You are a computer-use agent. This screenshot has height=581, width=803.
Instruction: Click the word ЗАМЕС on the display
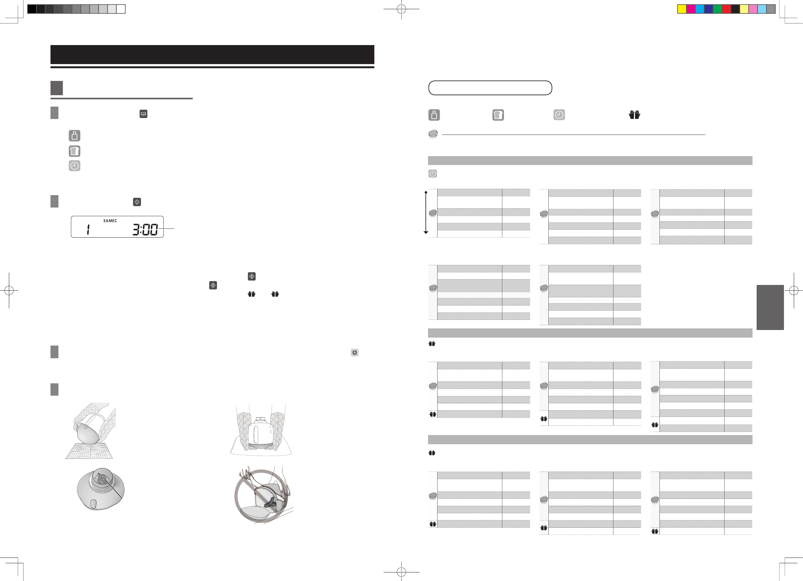coord(110,221)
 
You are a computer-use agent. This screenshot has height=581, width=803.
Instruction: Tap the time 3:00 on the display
coord(145,230)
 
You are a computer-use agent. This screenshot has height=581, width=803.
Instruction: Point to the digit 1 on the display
coord(88,230)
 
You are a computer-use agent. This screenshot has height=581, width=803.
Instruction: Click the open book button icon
coord(144,114)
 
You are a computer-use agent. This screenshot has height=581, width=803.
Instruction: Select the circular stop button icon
coord(354,353)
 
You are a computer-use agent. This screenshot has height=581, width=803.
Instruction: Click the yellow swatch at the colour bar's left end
coord(682,9)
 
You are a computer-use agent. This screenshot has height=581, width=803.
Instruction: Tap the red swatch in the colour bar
coord(726,9)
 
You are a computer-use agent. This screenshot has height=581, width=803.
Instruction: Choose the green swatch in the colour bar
coord(717,9)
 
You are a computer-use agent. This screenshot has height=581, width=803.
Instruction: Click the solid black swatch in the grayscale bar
coord(32,9)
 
